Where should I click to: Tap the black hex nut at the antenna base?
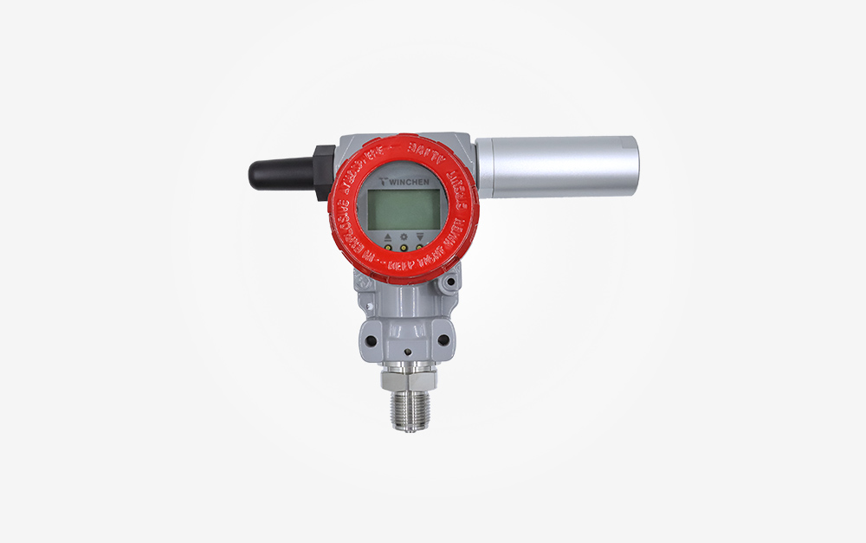(321, 171)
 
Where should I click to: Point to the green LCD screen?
(403, 210)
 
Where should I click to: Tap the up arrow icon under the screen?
(387, 236)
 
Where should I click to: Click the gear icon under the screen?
(404, 236)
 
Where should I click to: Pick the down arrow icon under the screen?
(420, 236)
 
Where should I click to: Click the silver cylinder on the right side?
(559, 165)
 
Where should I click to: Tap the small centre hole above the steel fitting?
(407, 352)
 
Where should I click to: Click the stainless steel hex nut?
(408, 378)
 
